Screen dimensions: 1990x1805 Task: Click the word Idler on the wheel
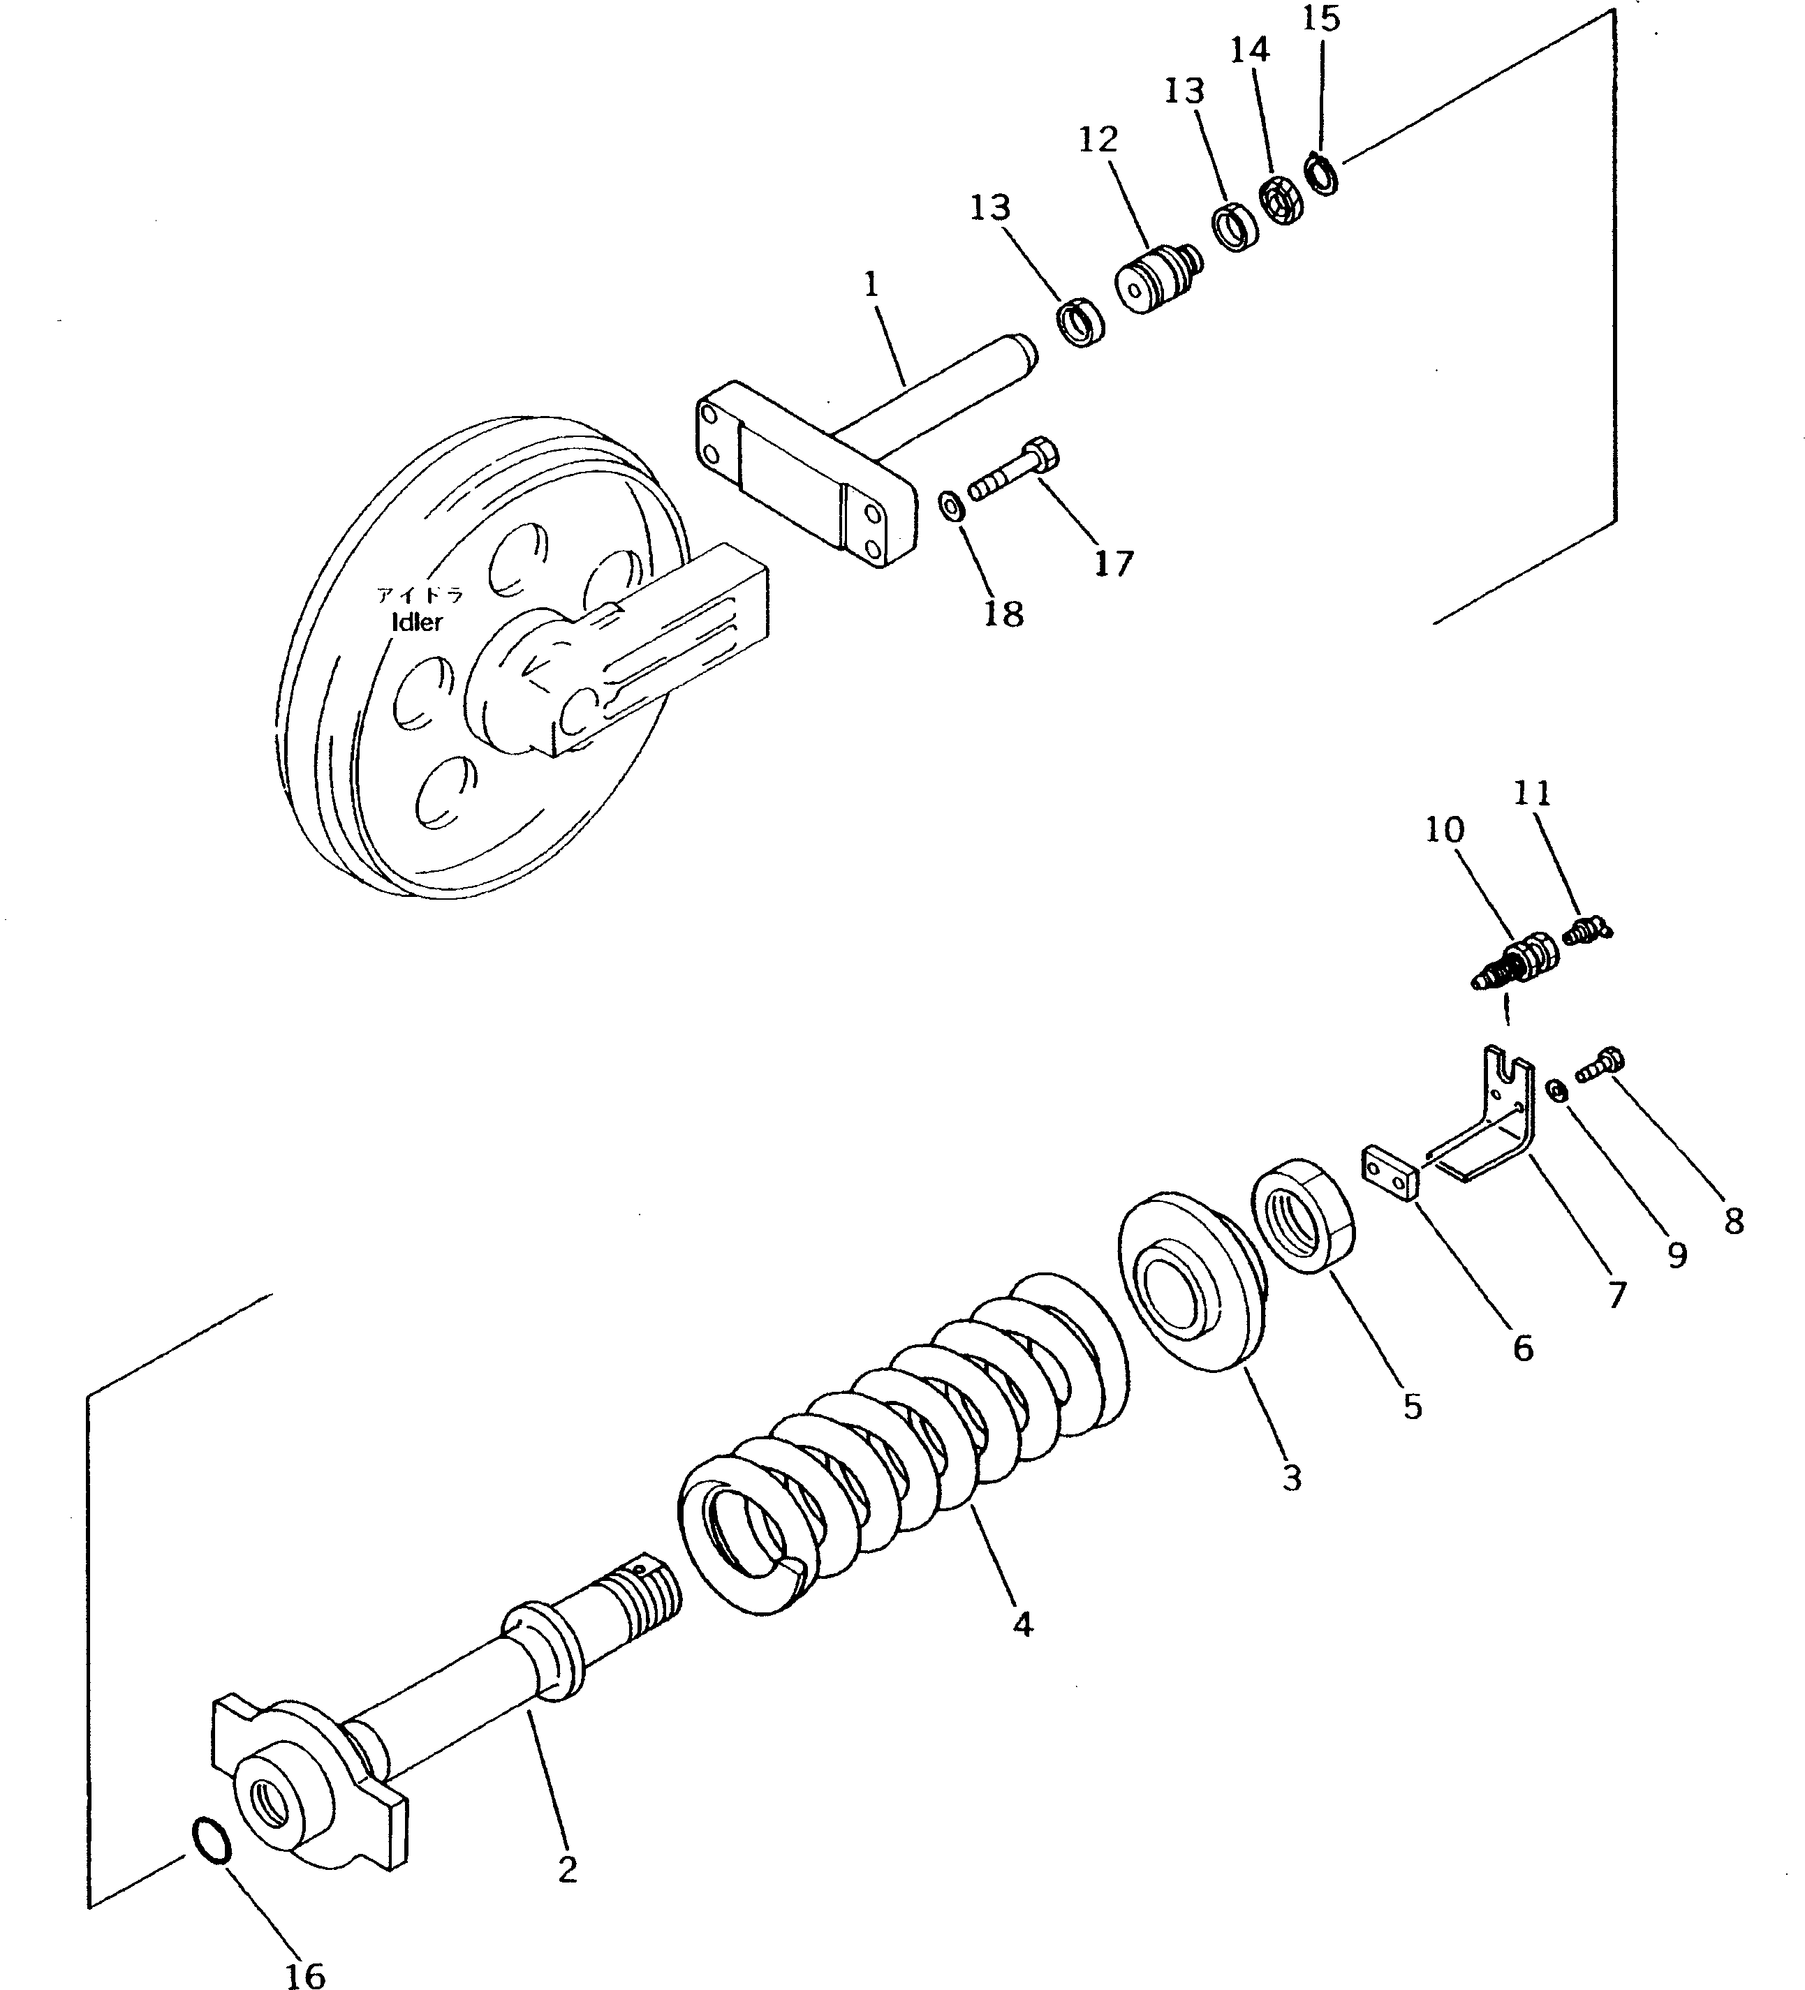(418, 622)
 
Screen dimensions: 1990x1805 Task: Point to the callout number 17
(1113, 564)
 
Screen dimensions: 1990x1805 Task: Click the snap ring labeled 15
(1320, 175)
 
